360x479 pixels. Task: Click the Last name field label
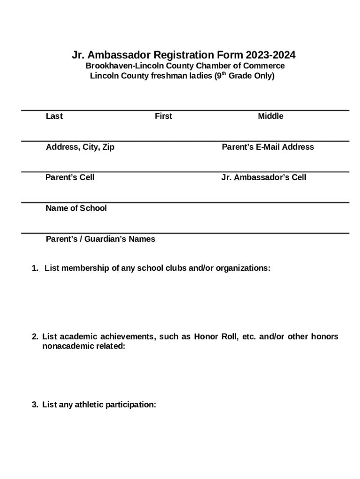(54, 116)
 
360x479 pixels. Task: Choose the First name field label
(163, 116)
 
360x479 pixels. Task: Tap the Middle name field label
(270, 116)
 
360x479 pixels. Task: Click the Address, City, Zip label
(80, 147)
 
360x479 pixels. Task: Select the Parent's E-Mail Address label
(267, 147)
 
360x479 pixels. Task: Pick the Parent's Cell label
(70, 177)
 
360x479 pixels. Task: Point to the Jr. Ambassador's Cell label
(264, 177)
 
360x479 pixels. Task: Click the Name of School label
(76, 208)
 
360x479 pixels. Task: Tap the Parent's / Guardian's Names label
(101, 239)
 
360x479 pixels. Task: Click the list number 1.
(34, 269)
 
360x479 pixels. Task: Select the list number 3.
(34, 405)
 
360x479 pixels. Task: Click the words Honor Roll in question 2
(212, 337)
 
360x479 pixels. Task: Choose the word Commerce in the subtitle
(264, 66)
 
